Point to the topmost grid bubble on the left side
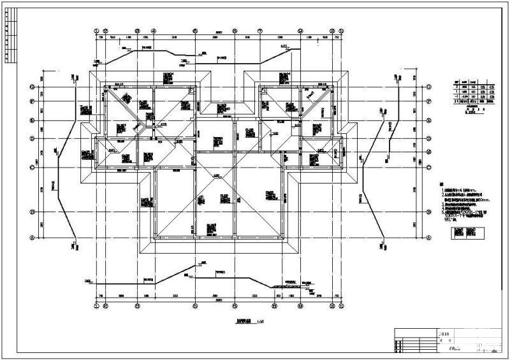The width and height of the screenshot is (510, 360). coord(30,87)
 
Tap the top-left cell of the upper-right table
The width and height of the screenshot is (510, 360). coord(456,82)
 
